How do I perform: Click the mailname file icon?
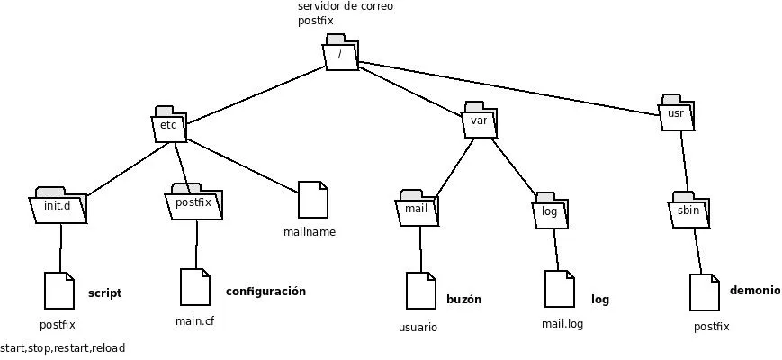[312, 199]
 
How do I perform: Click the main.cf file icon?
[195, 286]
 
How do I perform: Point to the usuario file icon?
[420, 291]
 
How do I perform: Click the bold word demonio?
[755, 291]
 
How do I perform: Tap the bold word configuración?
[265, 292]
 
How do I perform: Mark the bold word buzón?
[464, 300]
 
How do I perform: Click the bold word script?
[104, 293]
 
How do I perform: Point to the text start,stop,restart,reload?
[63, 348]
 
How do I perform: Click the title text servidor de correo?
[346, 6]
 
